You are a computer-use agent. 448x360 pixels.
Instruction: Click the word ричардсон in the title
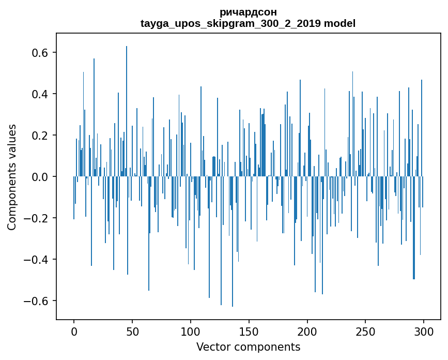[248, 12]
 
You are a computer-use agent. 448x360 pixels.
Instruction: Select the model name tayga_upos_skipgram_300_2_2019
[230, 23]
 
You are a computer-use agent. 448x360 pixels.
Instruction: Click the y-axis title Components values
[12, 177]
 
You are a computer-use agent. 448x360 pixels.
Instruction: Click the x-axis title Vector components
[248, 347]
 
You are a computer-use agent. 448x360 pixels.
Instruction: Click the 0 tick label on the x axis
[74, 331]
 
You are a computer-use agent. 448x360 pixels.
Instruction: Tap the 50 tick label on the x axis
[132, 331]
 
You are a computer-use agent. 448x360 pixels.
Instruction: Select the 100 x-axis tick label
[191, 331]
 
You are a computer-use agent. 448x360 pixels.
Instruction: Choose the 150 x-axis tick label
[249, 331]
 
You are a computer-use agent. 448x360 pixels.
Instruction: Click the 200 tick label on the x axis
[307, 331]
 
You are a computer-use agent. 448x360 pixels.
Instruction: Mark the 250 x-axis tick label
[366, 331]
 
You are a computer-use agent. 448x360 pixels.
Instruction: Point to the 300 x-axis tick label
[424, 331]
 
